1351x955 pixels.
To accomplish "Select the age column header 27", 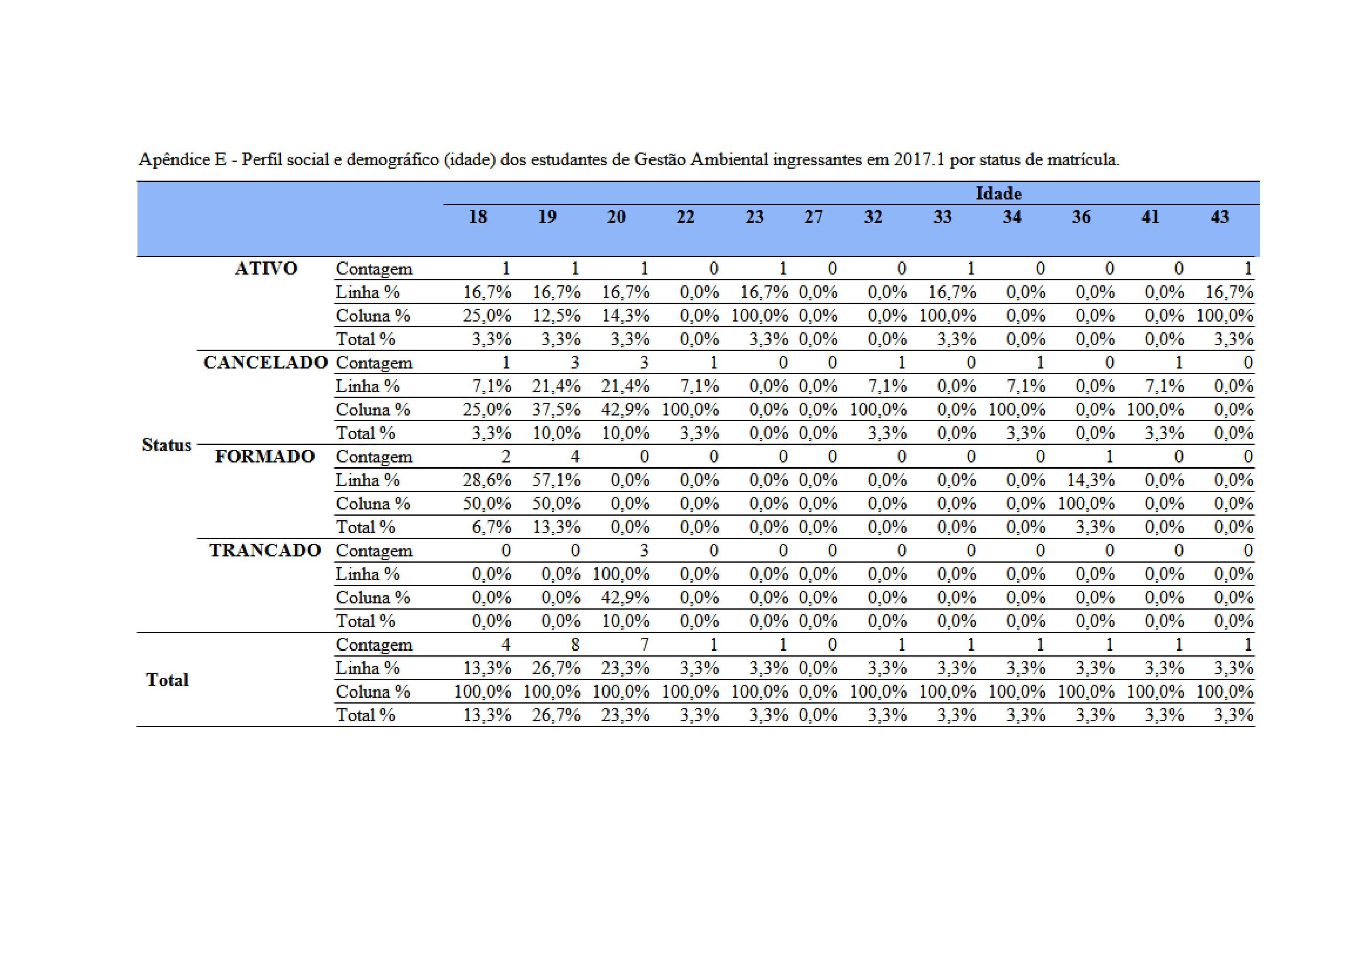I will tap(813, 217).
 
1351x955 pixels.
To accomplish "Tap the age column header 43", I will tap(1219, 217).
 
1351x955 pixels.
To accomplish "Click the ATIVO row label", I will tap(266, 268).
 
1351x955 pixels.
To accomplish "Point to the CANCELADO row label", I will tap(265, 362).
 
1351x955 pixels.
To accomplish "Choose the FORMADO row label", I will tap(265, 457).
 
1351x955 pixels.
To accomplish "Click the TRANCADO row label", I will tap(265, 551).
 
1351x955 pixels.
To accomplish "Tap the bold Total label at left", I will tap(167, 680).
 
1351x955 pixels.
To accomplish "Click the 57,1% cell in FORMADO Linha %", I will tap(556, 480).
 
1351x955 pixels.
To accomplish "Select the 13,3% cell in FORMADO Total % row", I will tap(556, 527).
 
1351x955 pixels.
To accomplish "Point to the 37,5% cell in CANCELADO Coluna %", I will tap(556, 410).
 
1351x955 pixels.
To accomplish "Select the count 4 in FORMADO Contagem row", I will tap(575, 457).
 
